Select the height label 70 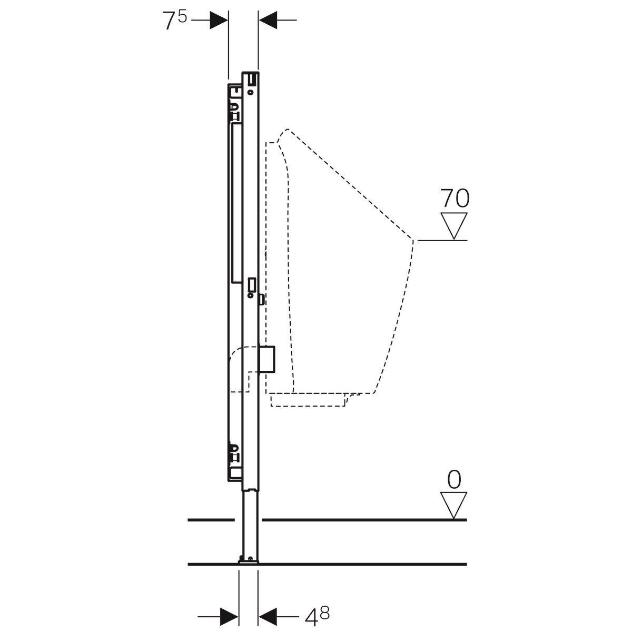pos(454,198)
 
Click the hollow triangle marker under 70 pos(454,225)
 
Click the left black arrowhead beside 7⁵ pos(219,21)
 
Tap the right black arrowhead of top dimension pos(268,21)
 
